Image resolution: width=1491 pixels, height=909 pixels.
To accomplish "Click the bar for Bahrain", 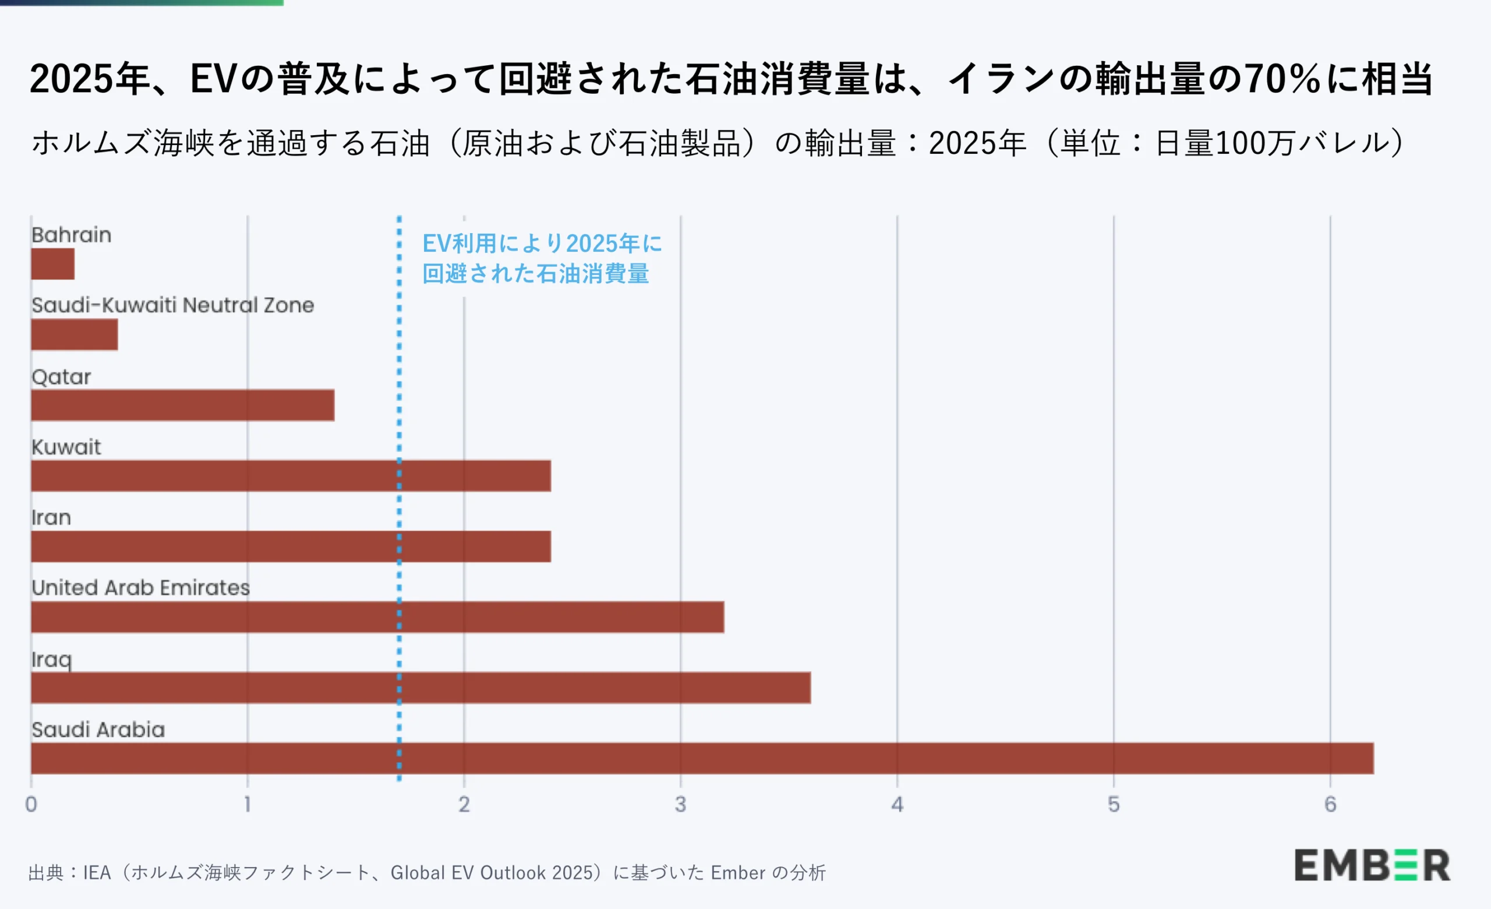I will (x=52, y=264).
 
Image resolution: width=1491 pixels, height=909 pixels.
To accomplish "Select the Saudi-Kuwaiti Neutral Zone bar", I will (x=75, y=334).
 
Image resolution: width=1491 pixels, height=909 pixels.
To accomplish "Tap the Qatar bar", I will (x=182, y=405).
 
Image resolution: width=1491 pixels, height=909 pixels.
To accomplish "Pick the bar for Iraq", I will (x=421, y=688).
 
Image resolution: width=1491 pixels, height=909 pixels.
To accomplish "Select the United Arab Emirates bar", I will (x=377, y=616).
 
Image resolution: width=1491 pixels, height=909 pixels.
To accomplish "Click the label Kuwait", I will (x=66, y=448).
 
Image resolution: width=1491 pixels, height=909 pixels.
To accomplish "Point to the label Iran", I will (x=51, y=518).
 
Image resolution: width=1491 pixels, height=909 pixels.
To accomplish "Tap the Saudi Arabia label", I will (x=98, y=730).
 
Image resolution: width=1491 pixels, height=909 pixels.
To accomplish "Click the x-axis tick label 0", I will (x=31, y=804).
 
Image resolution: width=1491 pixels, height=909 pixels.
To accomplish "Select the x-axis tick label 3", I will (x=680, y=804).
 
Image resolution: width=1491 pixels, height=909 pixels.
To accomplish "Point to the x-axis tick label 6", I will (x=1330, y=804).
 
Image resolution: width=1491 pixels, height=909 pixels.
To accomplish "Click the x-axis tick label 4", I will (x=897, y=804).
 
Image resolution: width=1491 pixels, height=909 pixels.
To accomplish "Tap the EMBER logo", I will (x=1372, y=865).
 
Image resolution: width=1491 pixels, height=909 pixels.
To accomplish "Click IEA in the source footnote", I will (x=97, y=873).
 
